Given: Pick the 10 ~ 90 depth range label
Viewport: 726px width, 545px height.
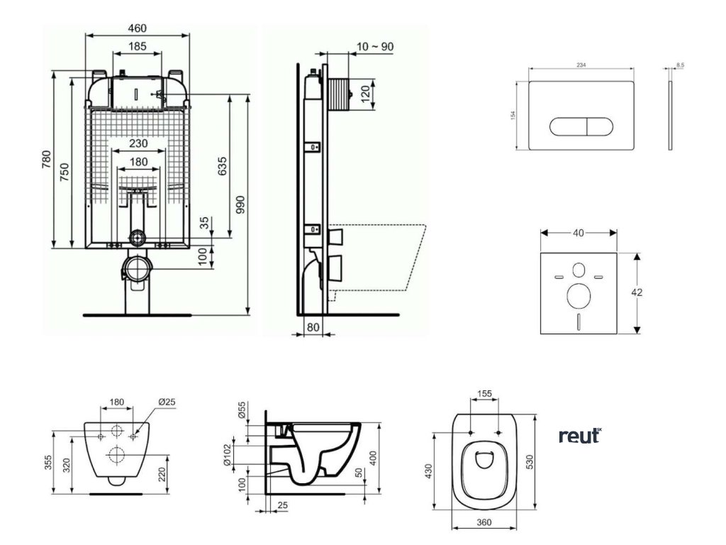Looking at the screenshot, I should (x=375, y=47).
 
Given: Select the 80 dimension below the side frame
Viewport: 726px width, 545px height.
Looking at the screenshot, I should (x=313, y=327).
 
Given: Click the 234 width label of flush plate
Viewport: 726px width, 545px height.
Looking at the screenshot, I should (x=581, y=65).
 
